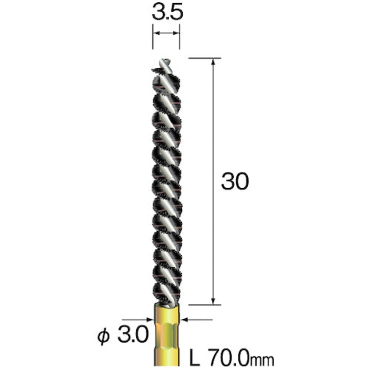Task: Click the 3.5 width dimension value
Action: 166,12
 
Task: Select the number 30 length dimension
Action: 235,182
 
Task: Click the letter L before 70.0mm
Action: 195,358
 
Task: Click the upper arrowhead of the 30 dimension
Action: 213,62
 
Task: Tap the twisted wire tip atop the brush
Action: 165,63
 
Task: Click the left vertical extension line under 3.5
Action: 153,39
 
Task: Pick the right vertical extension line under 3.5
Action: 179,39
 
